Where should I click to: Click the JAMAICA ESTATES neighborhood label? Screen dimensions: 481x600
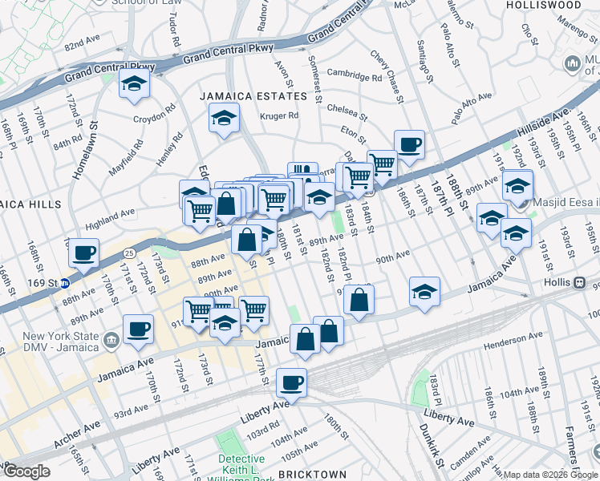pyautogui.click(x=253, y=96)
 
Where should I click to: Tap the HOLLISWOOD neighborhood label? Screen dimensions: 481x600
pyautogui.click(x=544, y=5)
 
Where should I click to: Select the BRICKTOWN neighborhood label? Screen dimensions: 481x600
pyautogui.click(x=312, y=475)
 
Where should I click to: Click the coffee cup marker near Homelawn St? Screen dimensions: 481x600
pyautogui.click(x=83, y=254)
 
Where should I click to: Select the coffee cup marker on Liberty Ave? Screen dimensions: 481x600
pyautogui.click(x=292, y=382)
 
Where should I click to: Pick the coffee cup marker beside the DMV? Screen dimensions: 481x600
pyautogui.click(x=138, y=328)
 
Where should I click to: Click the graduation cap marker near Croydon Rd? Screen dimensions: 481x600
pyautogui.click(x=135, y=83)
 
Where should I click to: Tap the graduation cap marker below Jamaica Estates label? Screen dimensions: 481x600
pyautogui.click(x=224, y=119)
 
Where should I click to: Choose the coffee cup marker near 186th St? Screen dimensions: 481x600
pyautogui.click(x=409, y=144)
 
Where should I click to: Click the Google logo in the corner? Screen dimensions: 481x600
pyautogui.click(x=26, y=471)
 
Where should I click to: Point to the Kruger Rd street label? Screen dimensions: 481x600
pyautogui.click(x=279, y=115)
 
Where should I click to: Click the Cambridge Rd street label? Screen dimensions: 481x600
pyautogui.click(x=354, y=78)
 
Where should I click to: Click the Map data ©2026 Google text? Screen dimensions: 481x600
pyautogui.click(x=550, y=475)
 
